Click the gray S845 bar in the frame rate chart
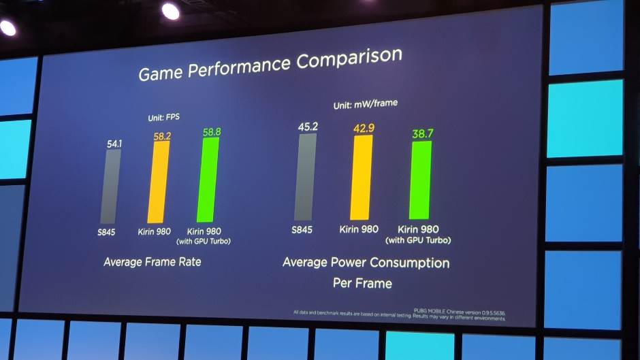click(111, 186)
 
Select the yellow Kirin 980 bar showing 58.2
click(159, 181)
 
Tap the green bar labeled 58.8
click(208, 180)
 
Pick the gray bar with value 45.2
click(305, 177)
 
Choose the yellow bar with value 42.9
click(362, 178)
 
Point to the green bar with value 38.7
click(419, 180)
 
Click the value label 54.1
click(114, 144)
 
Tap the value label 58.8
click(211, 131)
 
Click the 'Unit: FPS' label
click(163, 116)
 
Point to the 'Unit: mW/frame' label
click(365, 105)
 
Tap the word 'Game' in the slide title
click(161, 72)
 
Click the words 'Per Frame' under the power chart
click(362, 282)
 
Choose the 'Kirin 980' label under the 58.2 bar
click(156, 231)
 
